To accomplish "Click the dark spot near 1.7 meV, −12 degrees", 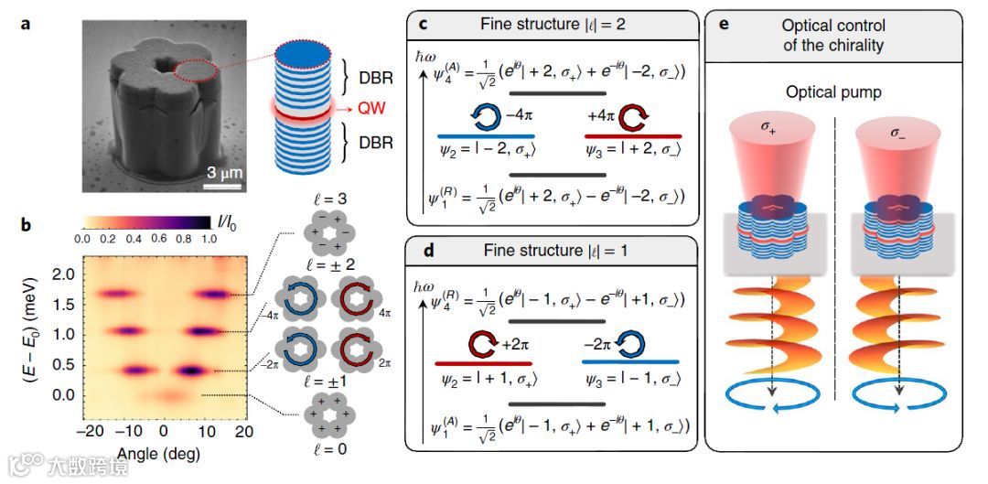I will (115, 295).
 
